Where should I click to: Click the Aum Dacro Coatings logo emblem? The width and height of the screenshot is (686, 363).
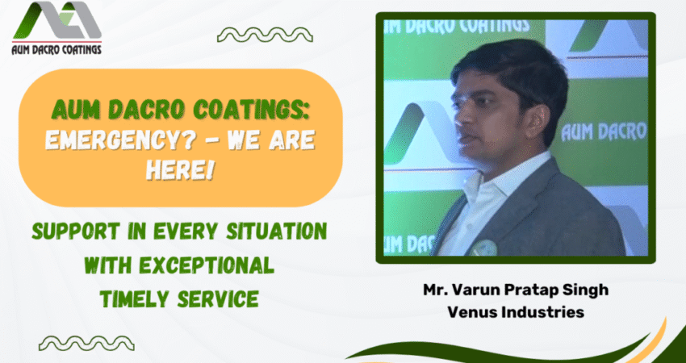coord(56,20)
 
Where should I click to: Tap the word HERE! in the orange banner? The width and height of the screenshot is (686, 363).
coord(180,169)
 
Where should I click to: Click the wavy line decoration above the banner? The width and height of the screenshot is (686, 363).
coord(265,35)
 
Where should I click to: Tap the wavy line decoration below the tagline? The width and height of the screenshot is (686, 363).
coord(86,344)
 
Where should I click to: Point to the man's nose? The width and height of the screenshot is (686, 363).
coord(458,117)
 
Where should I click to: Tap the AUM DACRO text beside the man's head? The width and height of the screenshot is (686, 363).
coord(604,131)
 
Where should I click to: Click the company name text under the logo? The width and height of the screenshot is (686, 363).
coord(56,49)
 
